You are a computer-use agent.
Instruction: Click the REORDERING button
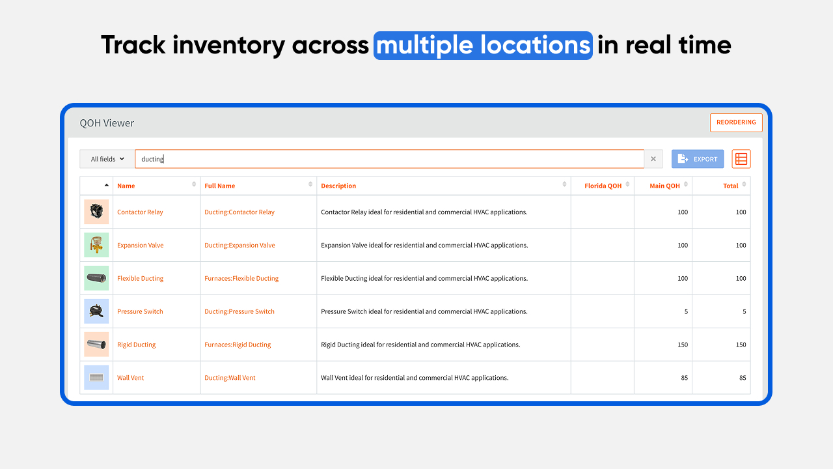pyautogui.click(x=736, y=122)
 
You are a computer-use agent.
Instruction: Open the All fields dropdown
pyautogui.click(x=107, y=159)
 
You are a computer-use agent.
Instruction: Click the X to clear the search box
pyautogui.click(x=653, y=159)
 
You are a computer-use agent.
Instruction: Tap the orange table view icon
pyautogui.click(x=741, y=159)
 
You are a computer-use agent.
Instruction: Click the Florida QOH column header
pyautogui.click(x=603, y=186)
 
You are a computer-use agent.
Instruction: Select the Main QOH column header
pyautogui.click(x=664, y=186)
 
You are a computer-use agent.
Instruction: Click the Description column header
pyautogui.click(x=338, y=186)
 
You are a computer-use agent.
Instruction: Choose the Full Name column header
pyautogui.click(x=220, y=186)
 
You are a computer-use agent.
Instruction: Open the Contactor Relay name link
pyautogui.click(x=140, y=212)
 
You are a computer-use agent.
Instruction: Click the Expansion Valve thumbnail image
pyautogui.click(x=96, y=245)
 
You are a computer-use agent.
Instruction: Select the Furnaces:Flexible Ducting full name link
pyautogui.click(x=241, y=278)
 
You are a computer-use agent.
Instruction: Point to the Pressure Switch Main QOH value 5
pyautogui.click(x=686, y=311)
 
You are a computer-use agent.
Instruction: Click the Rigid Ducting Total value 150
pyautogui.click(x=741, y=345)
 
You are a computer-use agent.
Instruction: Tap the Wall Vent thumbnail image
pyautogui.click(x=96, y=377)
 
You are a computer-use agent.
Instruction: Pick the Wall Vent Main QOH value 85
pyautogui.click(x=684, y=378)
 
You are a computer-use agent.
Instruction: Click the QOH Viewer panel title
pyautogui.click(x=107, y=123)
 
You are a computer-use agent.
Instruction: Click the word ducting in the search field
pyautogui.click(x=152, y=160)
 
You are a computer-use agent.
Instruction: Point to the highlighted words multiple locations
pyautogui.click(x=483, y=46)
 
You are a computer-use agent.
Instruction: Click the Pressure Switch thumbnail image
pyautogui.click(x=96, y=311)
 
